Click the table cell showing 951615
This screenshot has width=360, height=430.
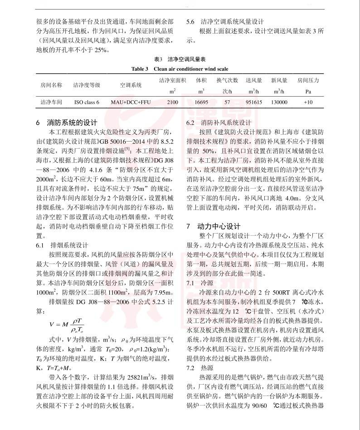tap(254, 103)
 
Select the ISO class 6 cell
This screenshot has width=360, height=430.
tap(87, 103)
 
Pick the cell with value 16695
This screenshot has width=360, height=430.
tap(201, 103)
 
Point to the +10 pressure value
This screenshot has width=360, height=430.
tap(308, 103)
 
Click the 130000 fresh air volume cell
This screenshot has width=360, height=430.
tap(279, 103)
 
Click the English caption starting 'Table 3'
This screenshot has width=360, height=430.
tap(180, 68)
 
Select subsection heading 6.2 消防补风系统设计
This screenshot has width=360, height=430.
tap(219, 122)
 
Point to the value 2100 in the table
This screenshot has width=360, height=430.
tap(172, 103)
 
